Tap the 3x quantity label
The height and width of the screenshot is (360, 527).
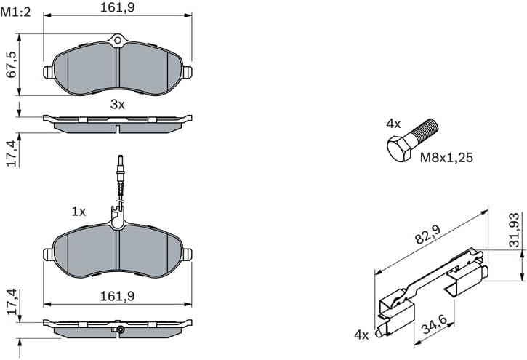[117, 104]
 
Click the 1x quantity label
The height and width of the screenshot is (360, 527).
[79, 212]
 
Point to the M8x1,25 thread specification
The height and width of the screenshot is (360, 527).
[447, 156]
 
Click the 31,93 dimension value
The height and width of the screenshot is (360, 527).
[514, 231]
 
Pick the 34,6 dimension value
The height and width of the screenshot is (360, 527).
[433, 319]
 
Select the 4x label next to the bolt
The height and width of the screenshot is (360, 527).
[393, 124]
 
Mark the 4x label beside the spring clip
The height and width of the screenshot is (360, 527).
[361, 335]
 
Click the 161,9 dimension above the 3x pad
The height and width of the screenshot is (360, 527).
[117, 8]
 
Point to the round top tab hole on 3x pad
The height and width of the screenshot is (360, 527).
[118, 40]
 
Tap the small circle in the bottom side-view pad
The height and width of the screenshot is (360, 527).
[121, 331]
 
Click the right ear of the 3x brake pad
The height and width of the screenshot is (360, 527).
[187, 71]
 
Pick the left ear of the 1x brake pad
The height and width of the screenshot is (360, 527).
[48, 254]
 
